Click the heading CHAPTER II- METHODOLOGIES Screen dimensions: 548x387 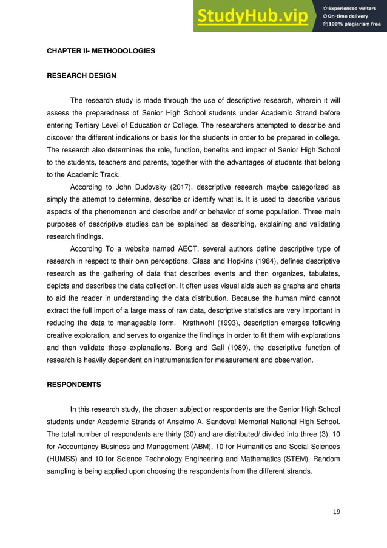[x=101, y=51]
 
